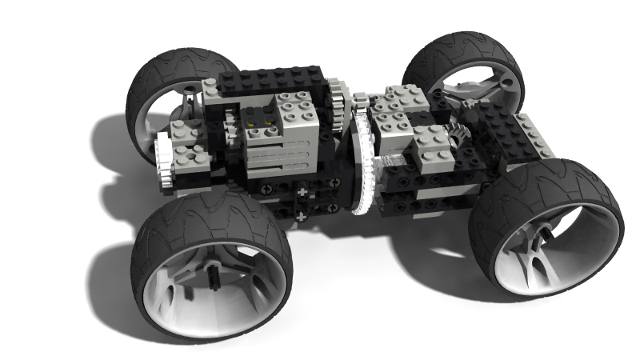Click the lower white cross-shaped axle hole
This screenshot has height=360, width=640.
pyautogui.click(x=301, y=216)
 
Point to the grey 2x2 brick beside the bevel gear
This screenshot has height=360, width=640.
pyautogui.click(x=432, y=148)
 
